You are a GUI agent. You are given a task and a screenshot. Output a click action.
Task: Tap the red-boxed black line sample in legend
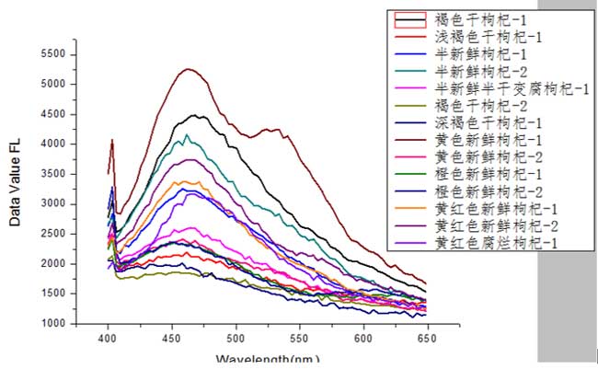click(410, 18)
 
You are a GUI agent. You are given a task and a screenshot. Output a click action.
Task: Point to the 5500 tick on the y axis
click(54, 54)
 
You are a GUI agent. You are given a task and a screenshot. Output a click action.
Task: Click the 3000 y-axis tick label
click(54, 203)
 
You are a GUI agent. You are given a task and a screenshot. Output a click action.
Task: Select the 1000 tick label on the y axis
click(54, 323)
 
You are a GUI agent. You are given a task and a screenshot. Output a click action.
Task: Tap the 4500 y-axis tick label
click(54, 114)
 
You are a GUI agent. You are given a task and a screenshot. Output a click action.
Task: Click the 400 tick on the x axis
click(109, 338)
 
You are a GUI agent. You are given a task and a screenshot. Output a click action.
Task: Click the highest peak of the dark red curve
click(189, 69)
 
